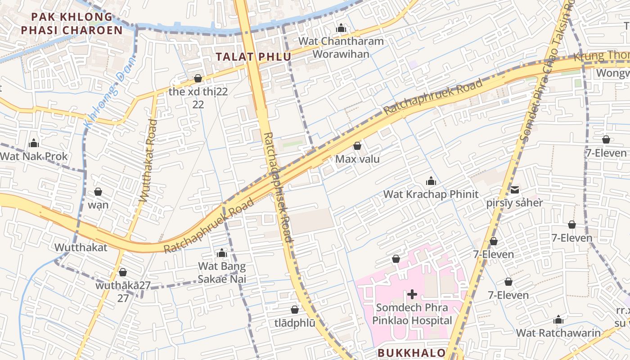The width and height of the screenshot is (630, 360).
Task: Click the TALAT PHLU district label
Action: [x=253, y=57]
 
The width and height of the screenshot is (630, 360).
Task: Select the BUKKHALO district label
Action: [x=412, y=353]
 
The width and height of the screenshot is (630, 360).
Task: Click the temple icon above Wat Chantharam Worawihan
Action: [x=341, y=28]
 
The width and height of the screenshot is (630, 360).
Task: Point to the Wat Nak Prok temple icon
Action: [x=34, y=144]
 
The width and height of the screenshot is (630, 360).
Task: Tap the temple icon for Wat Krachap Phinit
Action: [x=431, y=181]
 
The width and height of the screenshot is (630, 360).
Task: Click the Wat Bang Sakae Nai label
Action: [x=222, y=273]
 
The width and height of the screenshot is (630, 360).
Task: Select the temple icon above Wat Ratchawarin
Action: [x=558, y=320]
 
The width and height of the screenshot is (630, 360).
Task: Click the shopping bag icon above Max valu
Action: [x=357, y=146]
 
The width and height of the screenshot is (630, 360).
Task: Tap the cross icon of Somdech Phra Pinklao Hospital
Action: [x=412, y=294]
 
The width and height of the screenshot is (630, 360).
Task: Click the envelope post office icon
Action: [x=514, y=189]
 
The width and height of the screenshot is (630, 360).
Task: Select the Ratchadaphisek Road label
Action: [x=278, y=187]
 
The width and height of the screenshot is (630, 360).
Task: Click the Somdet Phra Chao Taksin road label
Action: [x=546, y=72]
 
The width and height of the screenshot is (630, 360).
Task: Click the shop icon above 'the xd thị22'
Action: [x=198, y=78]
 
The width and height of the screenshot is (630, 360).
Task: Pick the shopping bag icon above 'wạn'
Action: [x=98, y=192]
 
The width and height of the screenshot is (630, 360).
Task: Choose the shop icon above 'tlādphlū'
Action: [x=295, y=310]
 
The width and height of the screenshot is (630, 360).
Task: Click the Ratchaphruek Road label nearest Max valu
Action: [x=433, y=97]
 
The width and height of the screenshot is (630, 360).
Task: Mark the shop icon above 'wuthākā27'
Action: [x=123, y=272]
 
